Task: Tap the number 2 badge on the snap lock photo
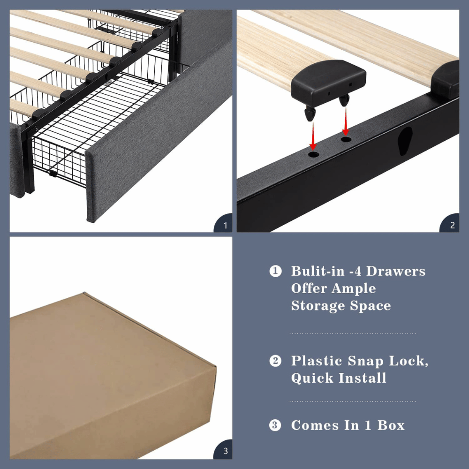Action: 452,226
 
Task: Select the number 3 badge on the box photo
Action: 225,452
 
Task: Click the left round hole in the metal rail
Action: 313,154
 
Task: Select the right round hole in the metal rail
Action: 346,140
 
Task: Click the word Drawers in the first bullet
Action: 396,271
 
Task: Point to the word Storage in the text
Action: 318,306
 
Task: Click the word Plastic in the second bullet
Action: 317,361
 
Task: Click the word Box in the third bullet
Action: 391,425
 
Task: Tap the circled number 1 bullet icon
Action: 275,271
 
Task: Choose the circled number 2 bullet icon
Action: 275,361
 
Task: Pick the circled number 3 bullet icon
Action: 275,425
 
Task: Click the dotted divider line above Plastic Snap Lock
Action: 352,333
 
